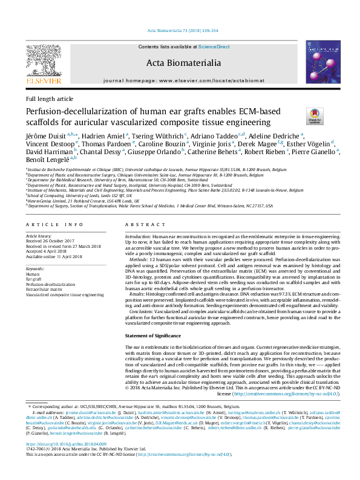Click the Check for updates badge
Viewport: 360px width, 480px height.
coord(315,116)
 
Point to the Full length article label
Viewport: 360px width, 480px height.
coord(50,99)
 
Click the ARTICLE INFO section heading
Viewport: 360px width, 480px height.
coord(50,224)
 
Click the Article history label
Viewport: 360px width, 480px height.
coord(39,235)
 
